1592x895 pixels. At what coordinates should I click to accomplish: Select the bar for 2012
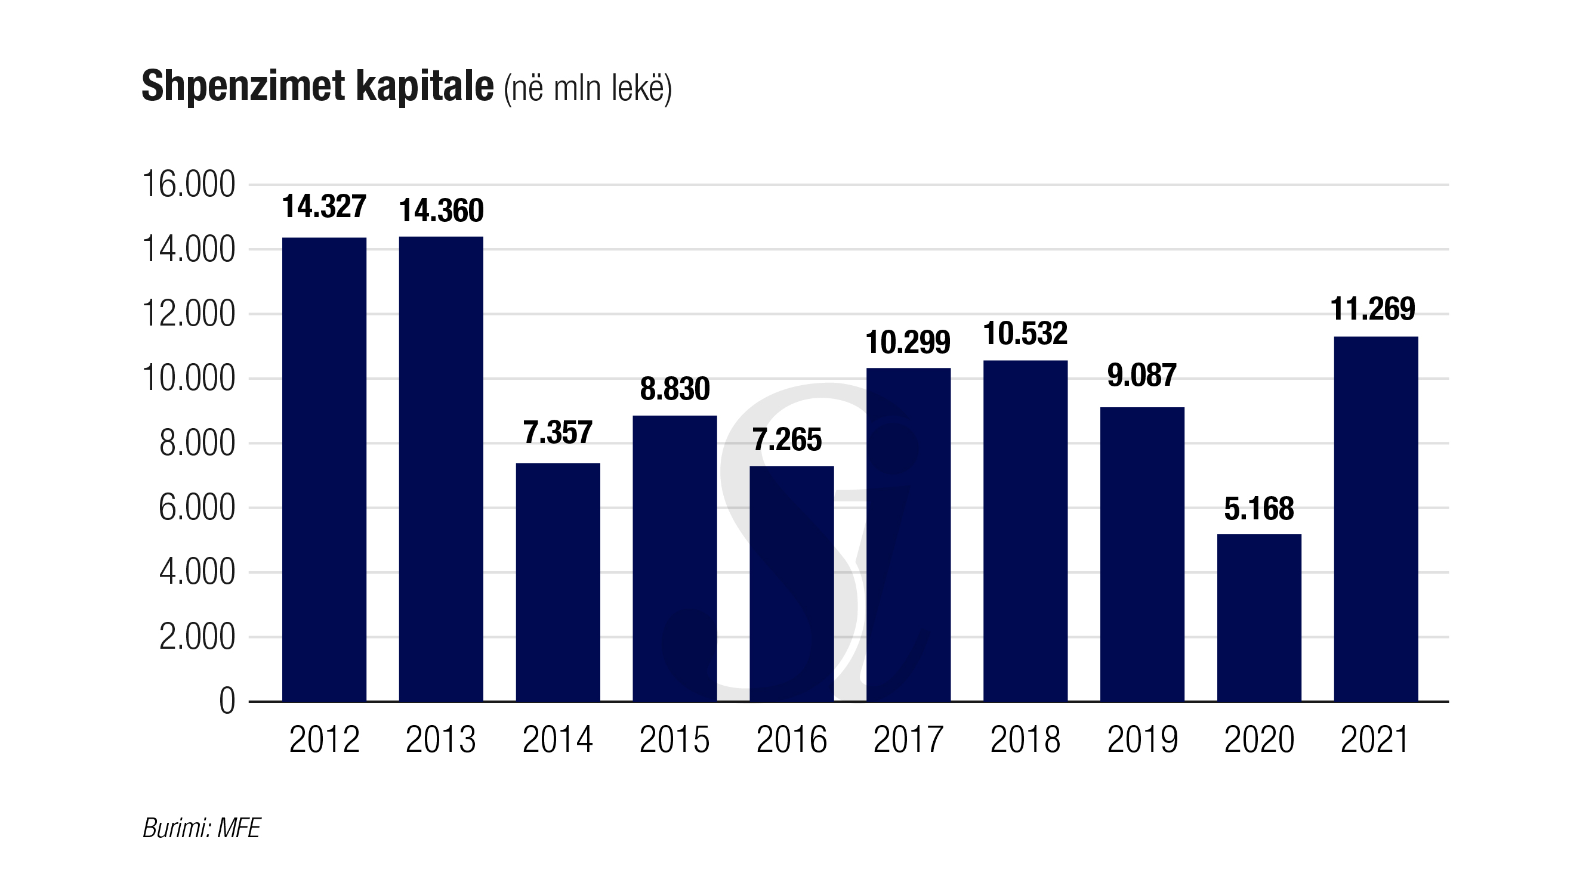click(324, 469)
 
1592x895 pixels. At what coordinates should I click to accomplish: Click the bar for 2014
click(557, 582)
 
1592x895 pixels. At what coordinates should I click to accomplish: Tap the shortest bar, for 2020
click(1259, 618)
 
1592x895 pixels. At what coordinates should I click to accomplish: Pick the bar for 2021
click(1376, 519)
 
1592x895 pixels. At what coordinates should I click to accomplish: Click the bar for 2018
click(1025, 531)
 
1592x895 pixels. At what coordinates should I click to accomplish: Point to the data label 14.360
click(442, 210)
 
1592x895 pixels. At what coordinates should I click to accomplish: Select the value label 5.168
click(1259, 509)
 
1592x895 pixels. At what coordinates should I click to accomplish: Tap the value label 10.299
click(908, 342)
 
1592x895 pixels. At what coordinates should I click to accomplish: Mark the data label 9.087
click(1141, 376)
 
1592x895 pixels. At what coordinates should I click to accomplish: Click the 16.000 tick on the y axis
click(189, 184)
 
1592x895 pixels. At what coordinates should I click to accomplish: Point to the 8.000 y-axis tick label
click(196, 444)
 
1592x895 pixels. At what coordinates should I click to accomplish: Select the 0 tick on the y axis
click(227, 702)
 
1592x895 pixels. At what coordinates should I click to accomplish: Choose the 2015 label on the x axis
click(674, 739)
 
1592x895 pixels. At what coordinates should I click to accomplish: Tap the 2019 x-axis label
click(1142, 739)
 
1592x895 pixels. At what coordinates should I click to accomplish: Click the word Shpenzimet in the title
click(243, 86)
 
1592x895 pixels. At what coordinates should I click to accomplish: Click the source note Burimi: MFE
click(202, 828)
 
